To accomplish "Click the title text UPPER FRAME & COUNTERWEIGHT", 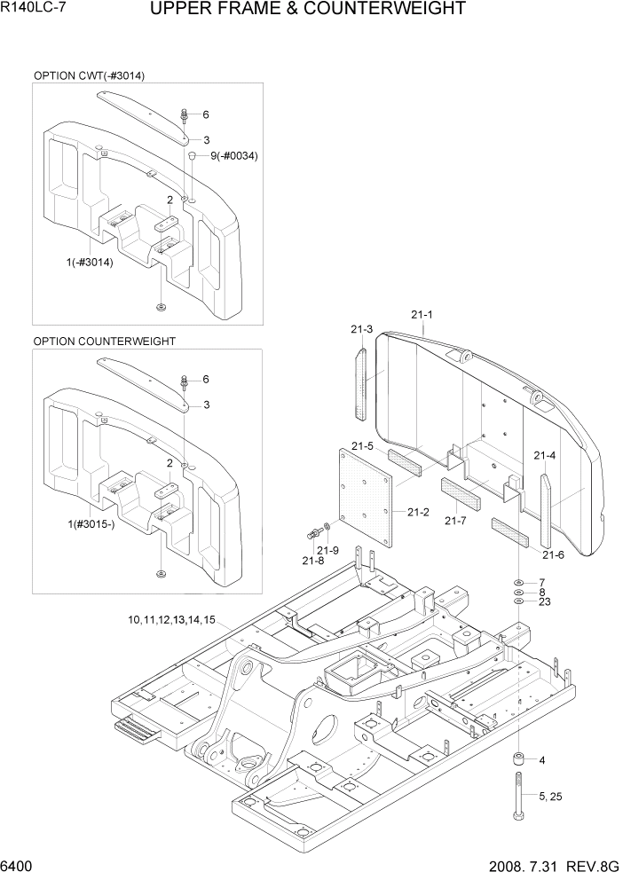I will click(308, 10).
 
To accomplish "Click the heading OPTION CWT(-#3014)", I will click(89, 75).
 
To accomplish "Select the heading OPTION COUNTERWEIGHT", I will click(104, 341).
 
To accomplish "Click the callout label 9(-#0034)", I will click(234, 156).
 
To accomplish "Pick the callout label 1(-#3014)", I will click(89, 262).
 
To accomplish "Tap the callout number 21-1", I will click(422, 314).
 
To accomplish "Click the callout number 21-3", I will click(361, 329).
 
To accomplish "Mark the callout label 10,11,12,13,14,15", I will click(171, 619).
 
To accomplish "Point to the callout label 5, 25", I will click(549, 797).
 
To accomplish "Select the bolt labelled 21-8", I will click(314, 535).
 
